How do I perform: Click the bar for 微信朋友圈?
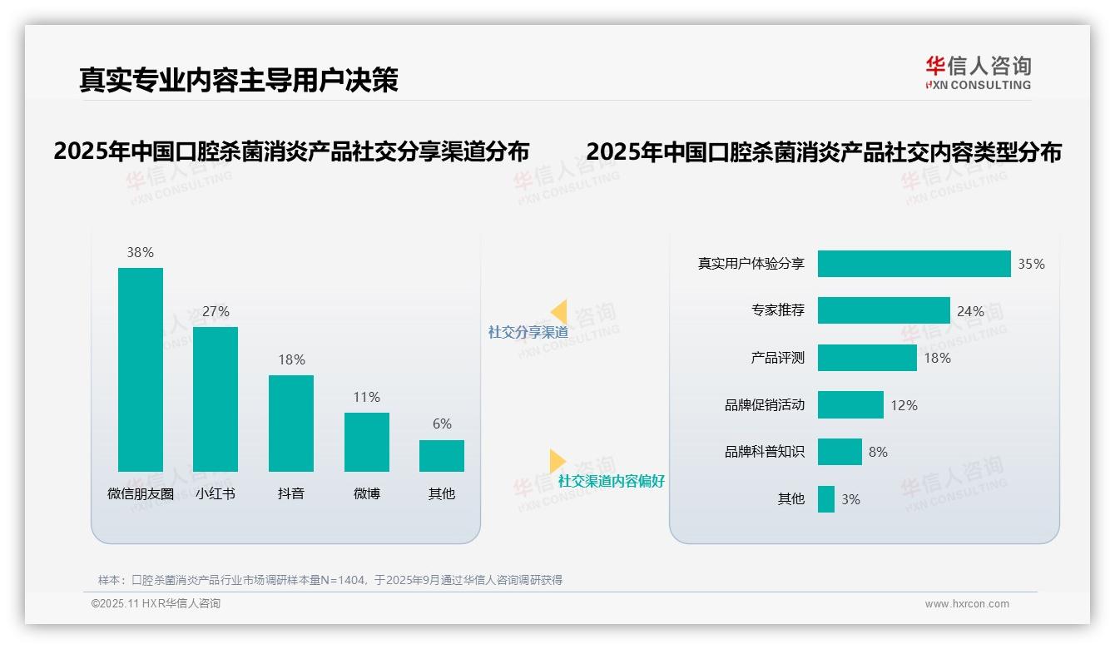pos(141,369)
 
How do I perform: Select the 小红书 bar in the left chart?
pos(216,399)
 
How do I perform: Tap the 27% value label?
pos(216,311)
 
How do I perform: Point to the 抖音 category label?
pos(291,493)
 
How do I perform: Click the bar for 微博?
pos(367,442)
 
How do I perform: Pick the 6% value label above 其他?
pos(442,424)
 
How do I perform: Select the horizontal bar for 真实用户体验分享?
pos(914,264)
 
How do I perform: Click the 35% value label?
pos(1031,264)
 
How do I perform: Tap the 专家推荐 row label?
pos(777,310)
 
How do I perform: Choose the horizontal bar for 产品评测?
pos(867,358)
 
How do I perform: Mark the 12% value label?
pos(904,405)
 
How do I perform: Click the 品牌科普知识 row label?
pos(764,452)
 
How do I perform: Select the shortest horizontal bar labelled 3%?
pos(825,499)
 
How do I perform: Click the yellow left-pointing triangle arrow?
pos(559,312)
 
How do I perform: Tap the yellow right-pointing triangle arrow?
pos(557,461)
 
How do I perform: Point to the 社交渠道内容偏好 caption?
pos(611,481)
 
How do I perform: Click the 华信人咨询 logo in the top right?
pos(978,72)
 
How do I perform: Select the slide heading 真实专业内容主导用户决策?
pos(239,80)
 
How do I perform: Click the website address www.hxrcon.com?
pos(967,604)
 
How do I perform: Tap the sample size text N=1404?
pos(344,580)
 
